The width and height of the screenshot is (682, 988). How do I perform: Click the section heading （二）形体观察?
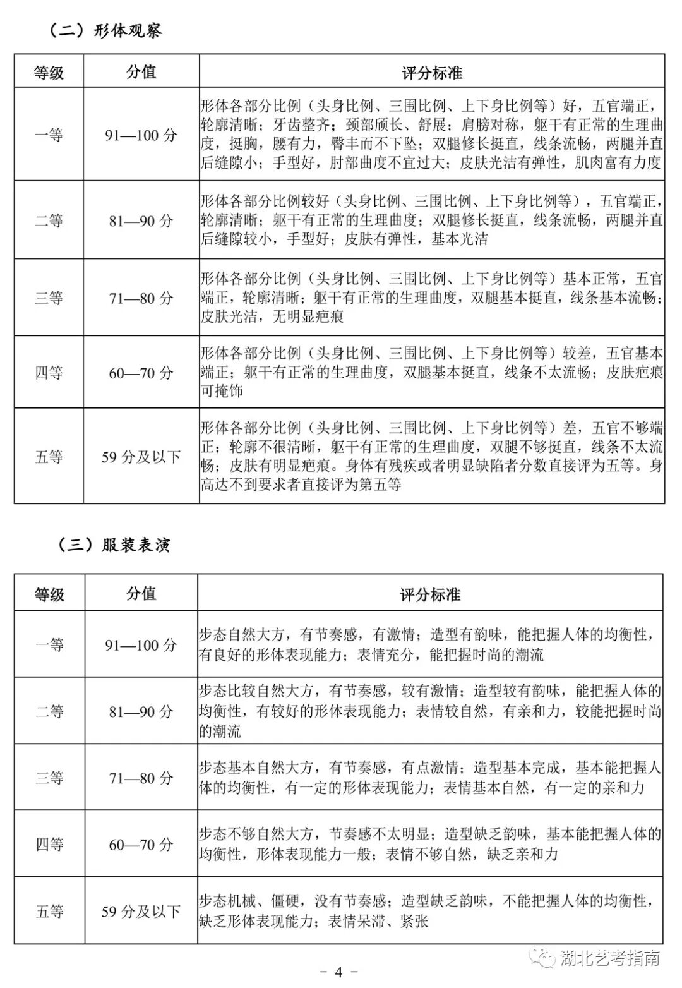105,30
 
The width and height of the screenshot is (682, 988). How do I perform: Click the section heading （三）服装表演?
114,545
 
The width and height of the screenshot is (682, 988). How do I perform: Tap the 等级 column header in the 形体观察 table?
49,72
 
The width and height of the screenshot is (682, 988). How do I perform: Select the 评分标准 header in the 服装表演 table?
430,594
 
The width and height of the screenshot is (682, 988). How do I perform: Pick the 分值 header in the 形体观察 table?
141,71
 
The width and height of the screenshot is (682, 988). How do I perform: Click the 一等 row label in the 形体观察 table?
49,135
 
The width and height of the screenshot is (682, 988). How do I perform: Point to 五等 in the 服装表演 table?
49,911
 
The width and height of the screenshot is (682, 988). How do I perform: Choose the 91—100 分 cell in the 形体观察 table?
141,135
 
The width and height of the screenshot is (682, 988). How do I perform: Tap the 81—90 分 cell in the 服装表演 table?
141,711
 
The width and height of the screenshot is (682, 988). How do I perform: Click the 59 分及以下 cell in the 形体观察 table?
141,457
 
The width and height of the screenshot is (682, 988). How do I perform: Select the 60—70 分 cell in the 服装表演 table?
141,844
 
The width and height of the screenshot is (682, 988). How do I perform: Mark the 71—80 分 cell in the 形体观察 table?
141,298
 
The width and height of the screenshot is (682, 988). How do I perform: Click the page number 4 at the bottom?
338,972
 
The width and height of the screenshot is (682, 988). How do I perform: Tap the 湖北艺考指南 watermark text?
610,959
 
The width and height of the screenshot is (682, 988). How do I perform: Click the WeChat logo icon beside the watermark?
542,958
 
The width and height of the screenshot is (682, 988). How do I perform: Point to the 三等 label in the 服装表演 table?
49,778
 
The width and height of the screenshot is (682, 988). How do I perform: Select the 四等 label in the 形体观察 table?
49,373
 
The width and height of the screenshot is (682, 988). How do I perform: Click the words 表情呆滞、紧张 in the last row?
378,921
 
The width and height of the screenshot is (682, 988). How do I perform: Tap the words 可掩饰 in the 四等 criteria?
222,391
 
